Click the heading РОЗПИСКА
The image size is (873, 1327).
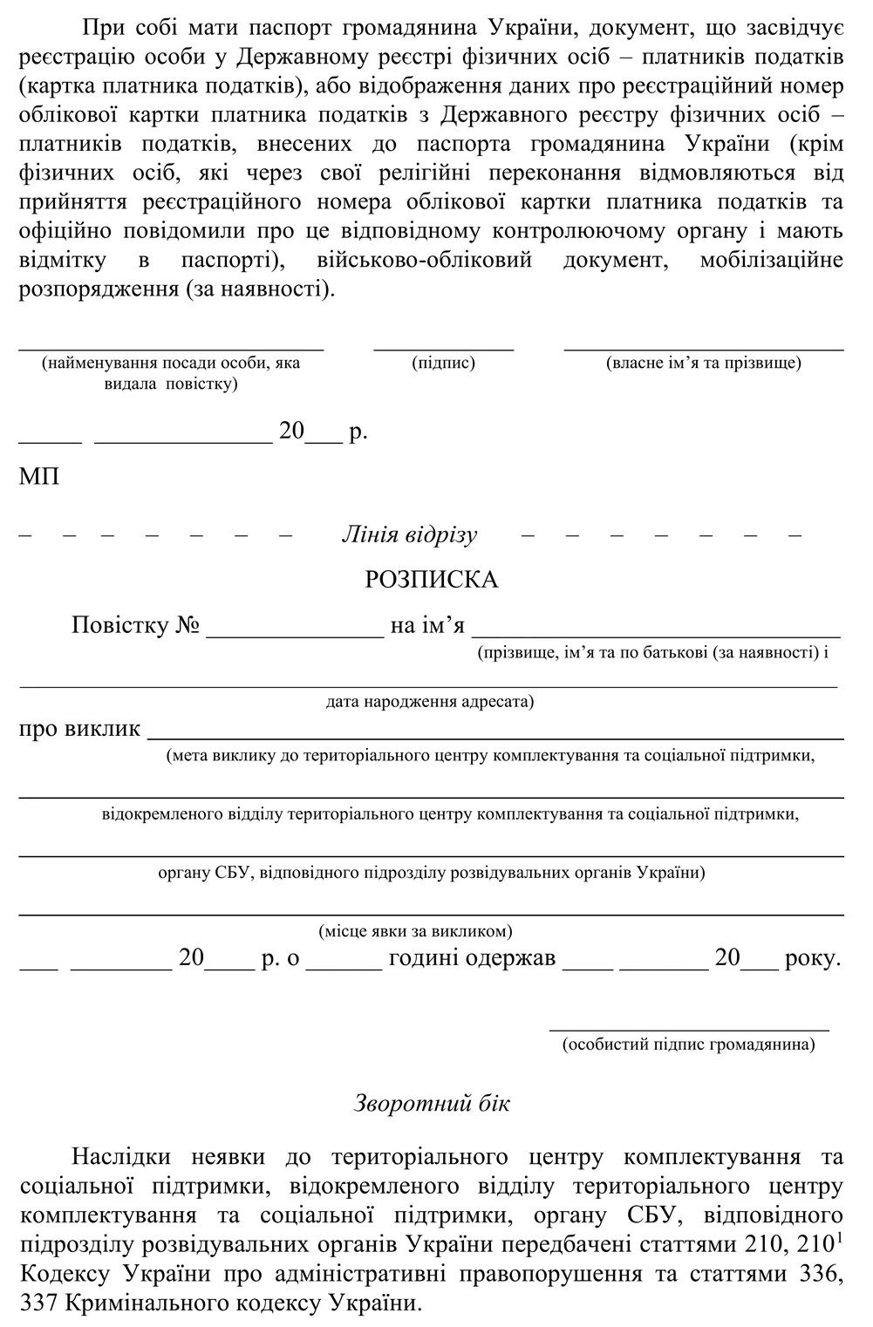click(x=431, y=580)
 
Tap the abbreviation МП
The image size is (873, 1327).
click(x=39, y=477)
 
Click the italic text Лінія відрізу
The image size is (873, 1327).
click(x=409, y=534)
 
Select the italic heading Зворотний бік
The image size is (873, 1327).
click(x=432, y=1103)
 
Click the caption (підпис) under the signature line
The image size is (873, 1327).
click(x=443, y=363)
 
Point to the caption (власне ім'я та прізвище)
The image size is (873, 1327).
click(x=703, y=363)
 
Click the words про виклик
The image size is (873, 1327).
click(x=79, y=728)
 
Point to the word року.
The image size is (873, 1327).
click(x=813, y=958)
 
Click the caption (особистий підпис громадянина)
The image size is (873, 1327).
click(x=688, y=1044)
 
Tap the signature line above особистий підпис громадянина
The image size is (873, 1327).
click(x=688, y=1029)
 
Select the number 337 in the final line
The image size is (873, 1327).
click(x=38, y=1303)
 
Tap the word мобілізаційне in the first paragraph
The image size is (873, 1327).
click(x=771, y=260)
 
